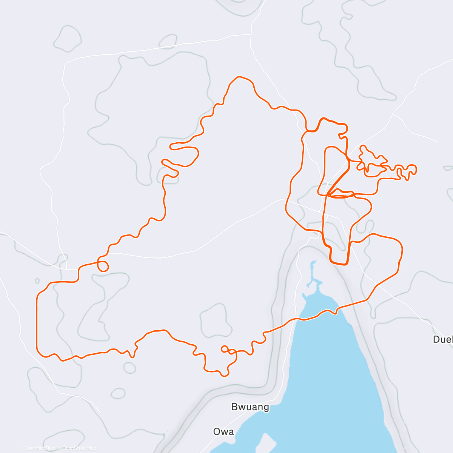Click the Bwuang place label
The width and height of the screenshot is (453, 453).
250,407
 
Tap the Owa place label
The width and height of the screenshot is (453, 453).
223,431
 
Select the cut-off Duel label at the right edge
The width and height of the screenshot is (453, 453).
442,339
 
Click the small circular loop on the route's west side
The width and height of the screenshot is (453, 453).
103,266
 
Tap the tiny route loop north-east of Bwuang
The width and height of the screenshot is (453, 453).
225,349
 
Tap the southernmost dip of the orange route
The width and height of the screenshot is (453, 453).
224,375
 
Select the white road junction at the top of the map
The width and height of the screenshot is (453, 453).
251,34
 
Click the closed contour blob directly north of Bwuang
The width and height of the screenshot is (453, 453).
215,321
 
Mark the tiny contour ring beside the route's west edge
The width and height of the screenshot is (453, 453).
37,281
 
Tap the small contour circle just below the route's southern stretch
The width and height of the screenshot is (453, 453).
129,368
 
